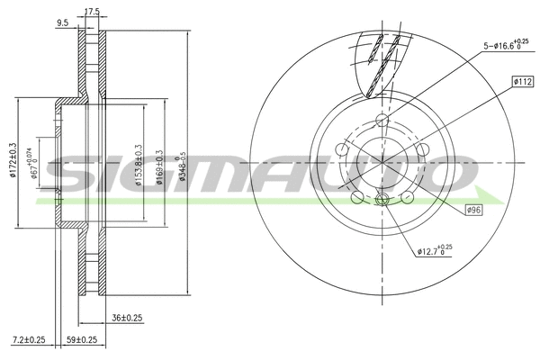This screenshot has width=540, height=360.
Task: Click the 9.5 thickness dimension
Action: click(62, 24)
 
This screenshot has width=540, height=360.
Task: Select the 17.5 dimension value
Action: click(92, 13)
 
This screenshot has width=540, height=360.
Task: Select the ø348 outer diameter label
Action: click(183, 165)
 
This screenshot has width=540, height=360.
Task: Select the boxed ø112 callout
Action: click(524, 81)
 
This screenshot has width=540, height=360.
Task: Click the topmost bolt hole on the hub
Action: click(382, 120)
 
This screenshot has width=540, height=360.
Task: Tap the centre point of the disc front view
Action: click(382, 161)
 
